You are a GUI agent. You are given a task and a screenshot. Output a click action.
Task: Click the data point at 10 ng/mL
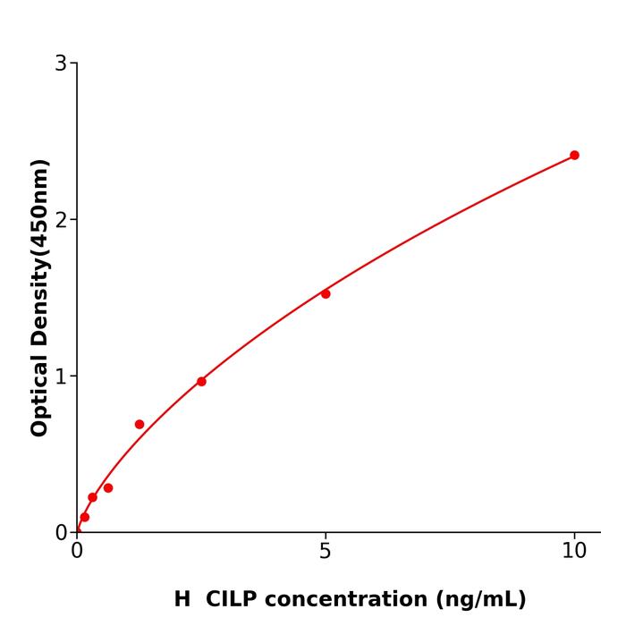[x=574, y=156]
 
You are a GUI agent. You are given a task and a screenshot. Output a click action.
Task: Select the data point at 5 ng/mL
[x=326, y=294]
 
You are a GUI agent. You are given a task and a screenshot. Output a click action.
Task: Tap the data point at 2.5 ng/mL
[x=201, y=382]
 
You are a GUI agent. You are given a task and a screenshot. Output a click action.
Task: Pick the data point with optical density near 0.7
[x=140, y=425]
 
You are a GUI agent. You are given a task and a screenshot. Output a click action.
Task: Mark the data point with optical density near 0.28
[x=108, y=488]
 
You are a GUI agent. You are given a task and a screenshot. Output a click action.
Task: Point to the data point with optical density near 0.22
[x=92, y=497]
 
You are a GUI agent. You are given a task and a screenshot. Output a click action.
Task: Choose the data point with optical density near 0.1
[x=85, y=517]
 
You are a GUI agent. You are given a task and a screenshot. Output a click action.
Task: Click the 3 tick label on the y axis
[x=61, y=63]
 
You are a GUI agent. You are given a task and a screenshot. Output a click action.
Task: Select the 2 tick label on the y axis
[x=61, y=220]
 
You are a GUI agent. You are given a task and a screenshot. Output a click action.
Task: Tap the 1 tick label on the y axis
[x=61, y=376]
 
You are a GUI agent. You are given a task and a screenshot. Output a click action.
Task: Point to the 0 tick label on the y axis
[x=61, y=533]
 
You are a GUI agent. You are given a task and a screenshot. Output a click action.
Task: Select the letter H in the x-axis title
[x=182, y=599]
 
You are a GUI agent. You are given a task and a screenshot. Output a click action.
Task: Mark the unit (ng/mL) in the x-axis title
[x=480, y=599]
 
